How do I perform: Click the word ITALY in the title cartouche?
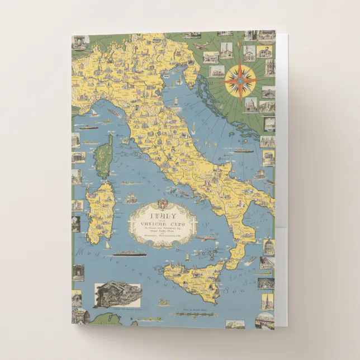(x=162, y=214)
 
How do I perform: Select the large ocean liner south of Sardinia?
(x=129, y=253)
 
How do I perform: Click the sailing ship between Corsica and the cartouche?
(x=131, y=198)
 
